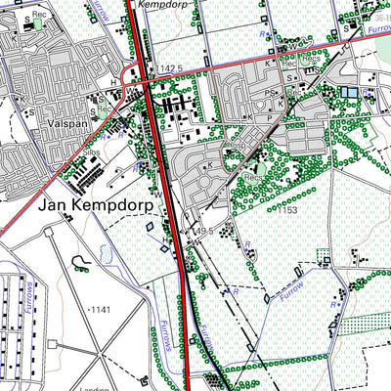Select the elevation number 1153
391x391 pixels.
point(287,209)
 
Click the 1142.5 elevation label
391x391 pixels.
point(170,68)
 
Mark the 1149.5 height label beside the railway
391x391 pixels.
point(201,231)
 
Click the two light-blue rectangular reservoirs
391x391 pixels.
point(349,92)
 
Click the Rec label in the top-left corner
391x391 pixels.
point(39,16)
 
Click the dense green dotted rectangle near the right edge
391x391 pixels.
point(324,257)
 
